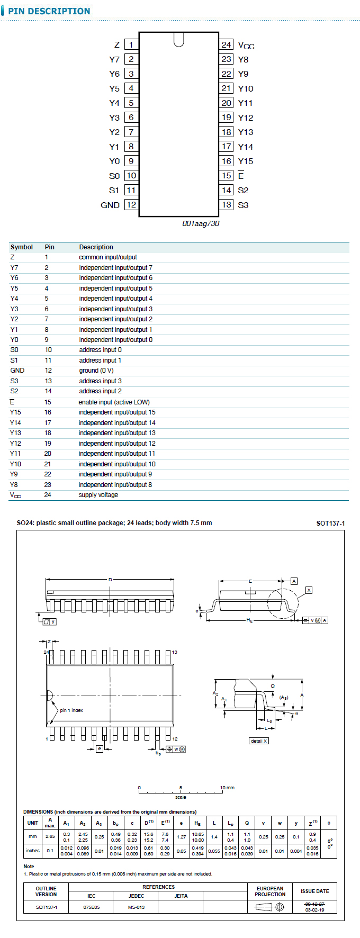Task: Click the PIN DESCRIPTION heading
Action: (49, 11)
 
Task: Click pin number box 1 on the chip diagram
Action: (131, 45)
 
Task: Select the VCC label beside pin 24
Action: (246, 46)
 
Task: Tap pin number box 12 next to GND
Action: (131, 205)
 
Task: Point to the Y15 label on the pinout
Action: (246, 161)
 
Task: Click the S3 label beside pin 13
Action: (243, 205)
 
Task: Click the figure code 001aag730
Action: (201, 223)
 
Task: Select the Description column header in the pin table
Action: (96, 247)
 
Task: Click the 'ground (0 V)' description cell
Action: (96, 371)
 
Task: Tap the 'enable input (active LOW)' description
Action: (114, 402)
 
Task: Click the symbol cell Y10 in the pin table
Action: (15, 464)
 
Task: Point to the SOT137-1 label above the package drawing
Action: (330, 524)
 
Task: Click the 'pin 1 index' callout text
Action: (71, 710)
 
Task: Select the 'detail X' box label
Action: (259, 741)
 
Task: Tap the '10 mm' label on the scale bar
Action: (227, 788)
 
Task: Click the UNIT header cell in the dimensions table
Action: (33, 823)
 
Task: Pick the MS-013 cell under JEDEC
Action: (136, 907)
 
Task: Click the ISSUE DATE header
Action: (314, 891)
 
